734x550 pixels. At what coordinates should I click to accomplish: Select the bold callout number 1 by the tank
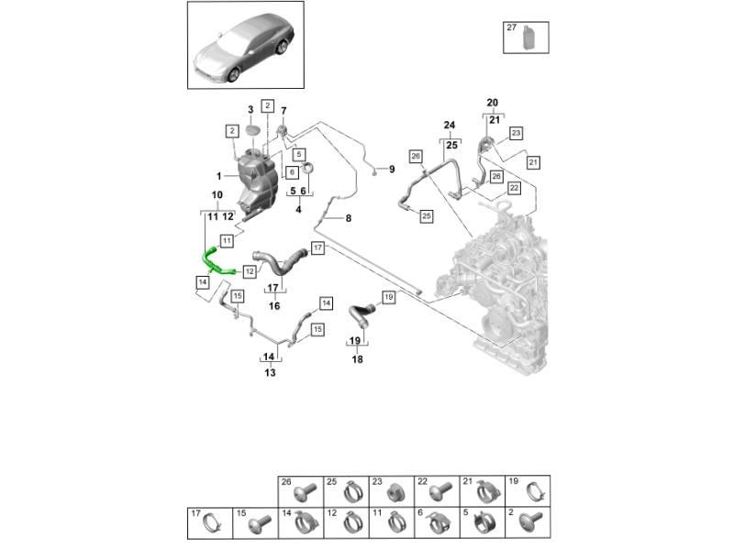[219, 175]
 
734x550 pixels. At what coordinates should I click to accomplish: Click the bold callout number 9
[391, 170]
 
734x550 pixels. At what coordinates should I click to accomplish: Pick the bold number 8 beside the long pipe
[349, 218]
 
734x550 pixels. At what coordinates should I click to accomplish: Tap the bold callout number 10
[217, 195]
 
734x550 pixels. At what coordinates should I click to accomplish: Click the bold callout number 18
[358, 359]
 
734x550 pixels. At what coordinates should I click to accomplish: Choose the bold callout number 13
[270, 373]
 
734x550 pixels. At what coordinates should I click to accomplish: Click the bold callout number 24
[450, 125]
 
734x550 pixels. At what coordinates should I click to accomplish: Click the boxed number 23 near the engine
[516, 134]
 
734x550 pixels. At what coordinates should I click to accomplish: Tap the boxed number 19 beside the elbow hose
[387, 297]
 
